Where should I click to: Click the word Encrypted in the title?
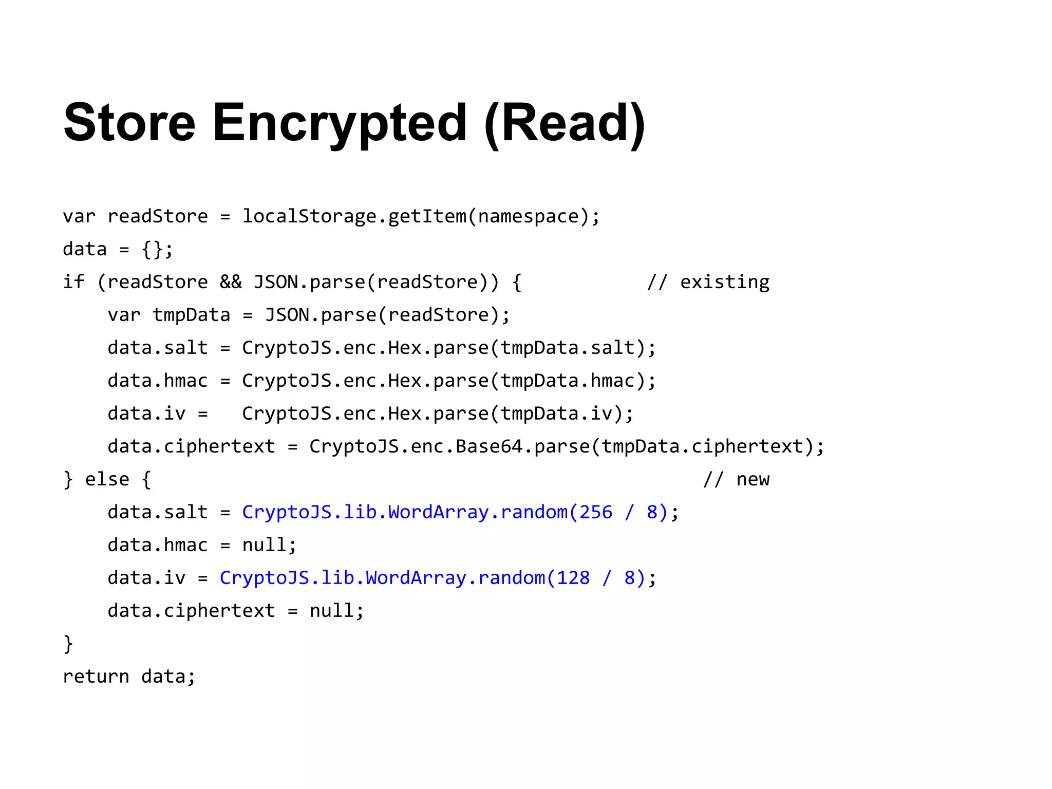[340, 123]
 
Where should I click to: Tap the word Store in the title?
[129, 123]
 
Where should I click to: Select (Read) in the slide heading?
[565, 123]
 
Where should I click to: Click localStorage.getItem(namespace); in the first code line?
[421, 216]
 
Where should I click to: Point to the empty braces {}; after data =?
[157, 250]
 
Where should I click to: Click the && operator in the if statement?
[231, 282]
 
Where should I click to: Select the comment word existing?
[725, 282]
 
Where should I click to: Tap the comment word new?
[753, 479]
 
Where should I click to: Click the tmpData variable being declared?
[191, 315]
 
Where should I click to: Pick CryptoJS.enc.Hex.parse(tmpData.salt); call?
[449, 348]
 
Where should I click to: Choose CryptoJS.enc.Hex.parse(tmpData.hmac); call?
[449, 381]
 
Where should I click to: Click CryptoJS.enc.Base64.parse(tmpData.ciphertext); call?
[567, 446]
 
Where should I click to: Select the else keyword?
[107, 479]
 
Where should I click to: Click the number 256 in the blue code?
[596, 512]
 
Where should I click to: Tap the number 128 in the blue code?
[573, 578]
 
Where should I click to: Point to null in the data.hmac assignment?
[264, 545]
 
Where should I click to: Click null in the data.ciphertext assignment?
[331, 611]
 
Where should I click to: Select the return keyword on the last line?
[96, 677]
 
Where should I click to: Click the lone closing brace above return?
[68, 644]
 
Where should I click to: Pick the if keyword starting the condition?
[73, 282]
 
